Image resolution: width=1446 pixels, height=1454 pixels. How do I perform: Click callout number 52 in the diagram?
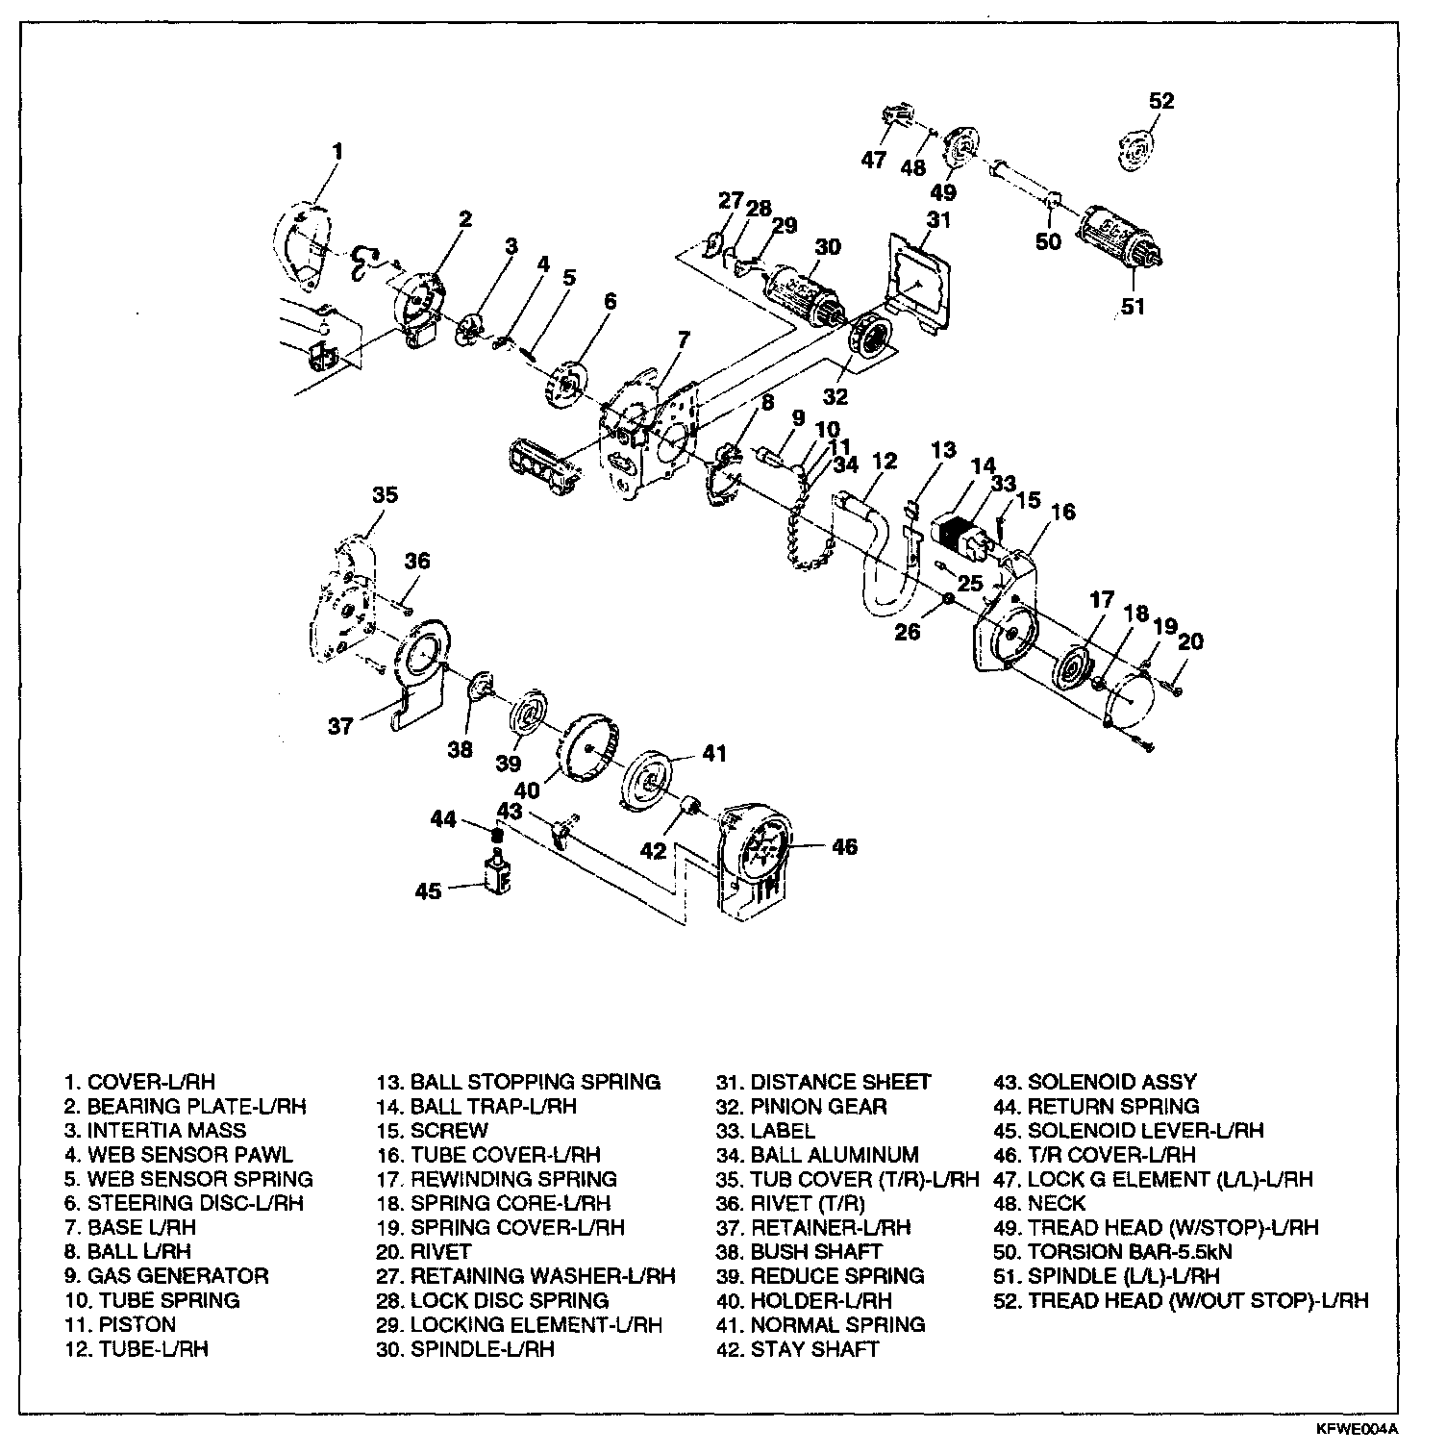coord(1161,101)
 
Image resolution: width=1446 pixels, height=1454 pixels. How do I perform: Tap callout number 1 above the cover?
coord(337,151)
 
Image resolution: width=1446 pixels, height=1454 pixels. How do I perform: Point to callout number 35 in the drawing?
coord(385,494)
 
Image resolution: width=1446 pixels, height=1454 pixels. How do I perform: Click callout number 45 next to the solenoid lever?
coord(429,890)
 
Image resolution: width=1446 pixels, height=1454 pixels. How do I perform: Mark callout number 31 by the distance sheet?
coord(938,219)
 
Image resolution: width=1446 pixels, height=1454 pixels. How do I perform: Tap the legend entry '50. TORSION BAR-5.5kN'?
coord(1113,1252)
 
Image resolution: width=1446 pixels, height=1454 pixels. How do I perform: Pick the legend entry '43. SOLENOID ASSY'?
coord(1095,1083)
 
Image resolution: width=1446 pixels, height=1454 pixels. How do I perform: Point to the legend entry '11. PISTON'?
coord(121,1324)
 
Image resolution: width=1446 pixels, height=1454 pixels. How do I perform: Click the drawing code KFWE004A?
coord(1363,1429)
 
